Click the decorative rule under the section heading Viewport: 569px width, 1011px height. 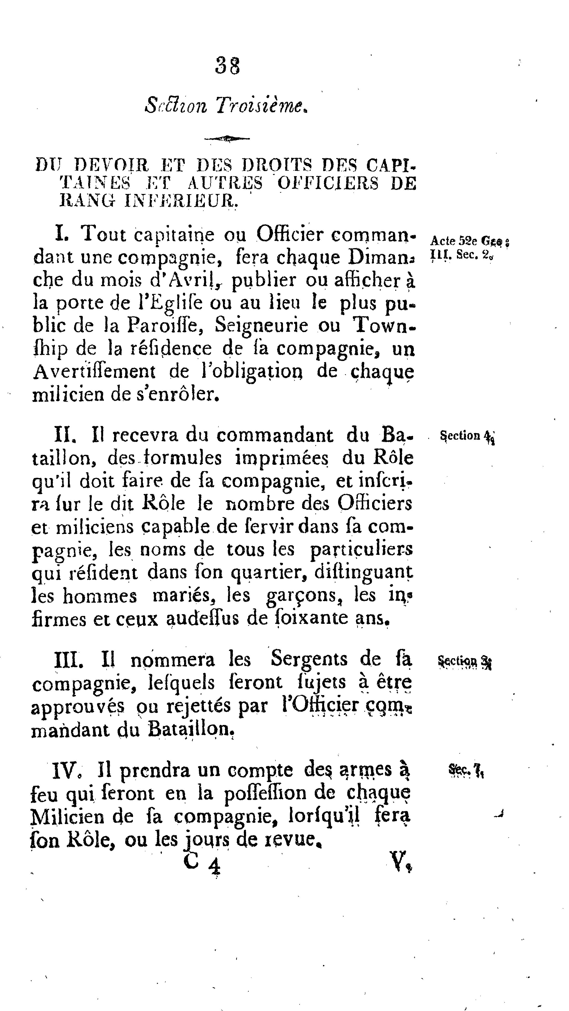(227, 138)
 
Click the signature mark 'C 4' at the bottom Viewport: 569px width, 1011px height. (202, 864)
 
